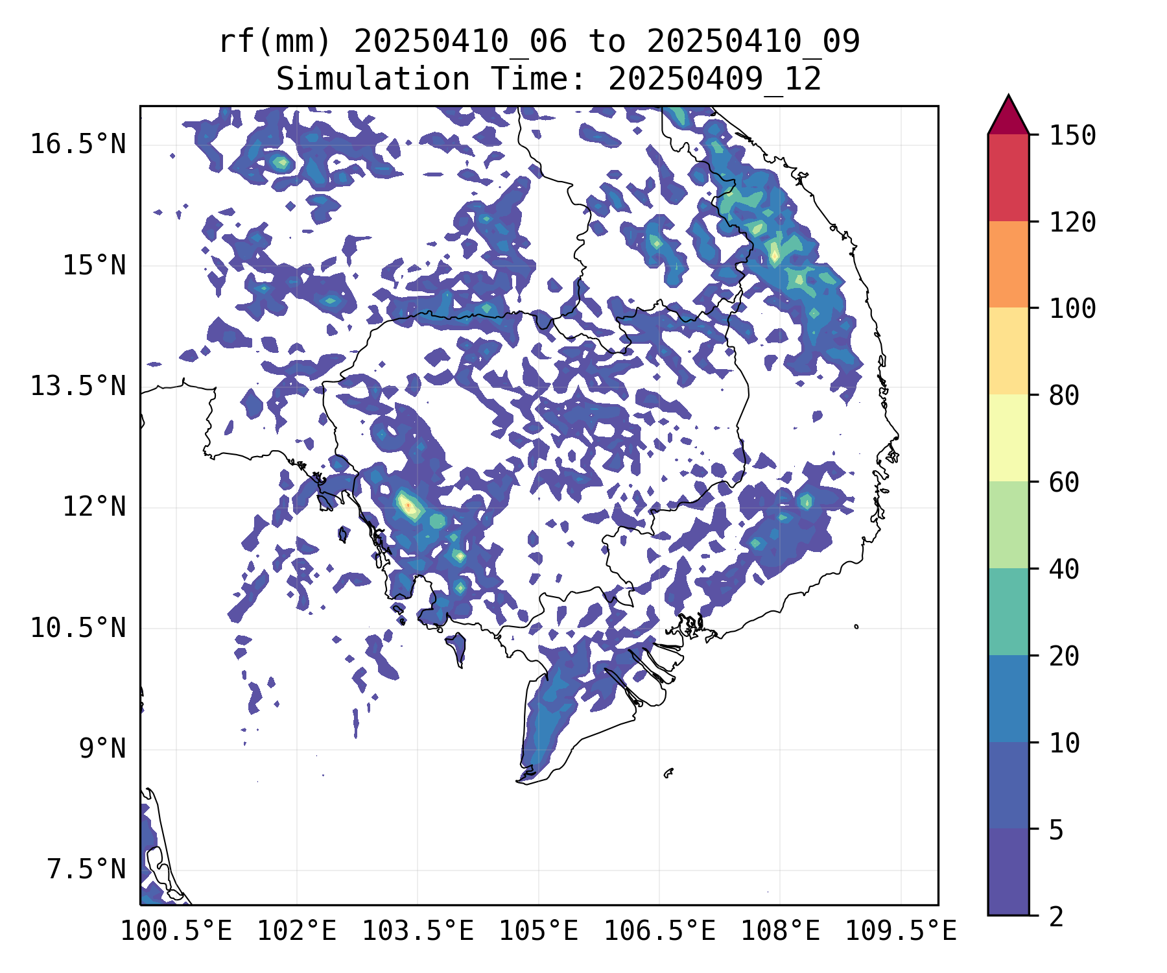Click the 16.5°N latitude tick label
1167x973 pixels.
pos(78,144)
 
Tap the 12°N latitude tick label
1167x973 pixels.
pos(94,507)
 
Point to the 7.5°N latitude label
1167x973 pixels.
pos(86,870)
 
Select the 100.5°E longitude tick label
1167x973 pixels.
pos(176,931)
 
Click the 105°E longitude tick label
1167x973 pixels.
pos(538,931)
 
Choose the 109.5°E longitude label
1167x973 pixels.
pos(901,931)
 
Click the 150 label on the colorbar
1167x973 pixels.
pos(1072,136)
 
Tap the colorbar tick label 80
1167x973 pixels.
pos(1064,396)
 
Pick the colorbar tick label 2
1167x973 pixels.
pos(1056,917)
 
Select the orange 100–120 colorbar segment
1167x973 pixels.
pos(1008,264)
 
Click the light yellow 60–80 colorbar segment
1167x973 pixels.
pos(1008,438)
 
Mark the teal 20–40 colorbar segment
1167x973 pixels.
pos(1008,612)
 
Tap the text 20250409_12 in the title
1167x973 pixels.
pos(714,80)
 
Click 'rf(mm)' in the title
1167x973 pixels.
pos(275,42)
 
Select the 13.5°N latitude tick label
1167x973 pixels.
pos(78,387)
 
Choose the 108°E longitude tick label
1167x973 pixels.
pos(780,931)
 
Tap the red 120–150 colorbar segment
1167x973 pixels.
pos(1008,178)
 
